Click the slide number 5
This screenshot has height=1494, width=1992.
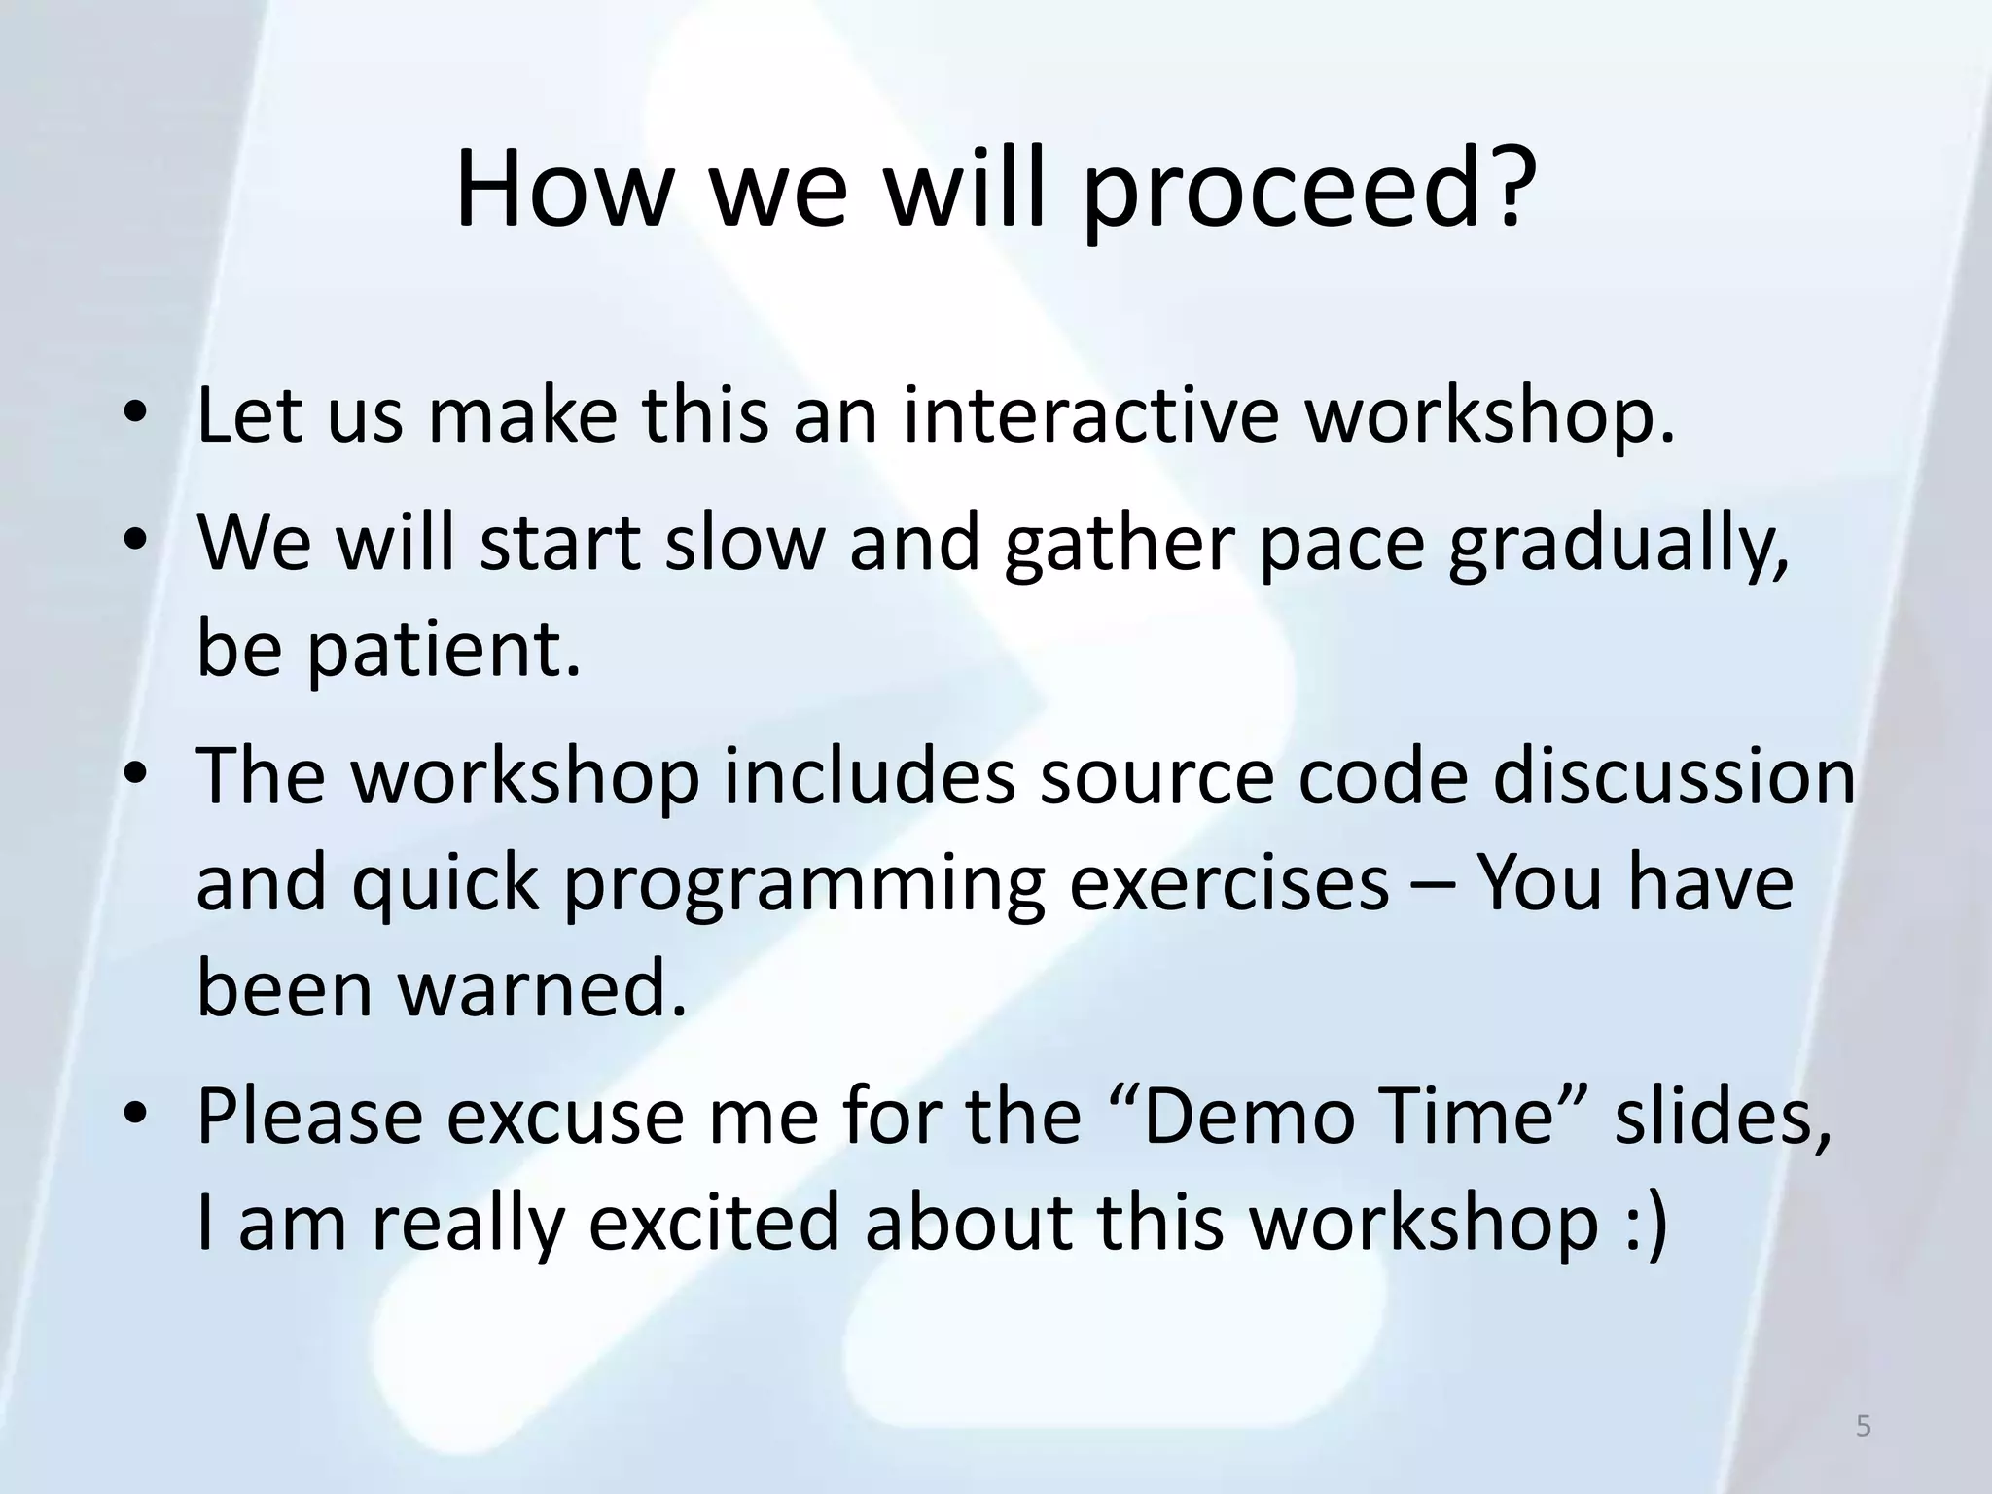pyautogui.click(x=1863, y=1426)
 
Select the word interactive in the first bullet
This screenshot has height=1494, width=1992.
pyautogui.click(x=1090, y=415)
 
